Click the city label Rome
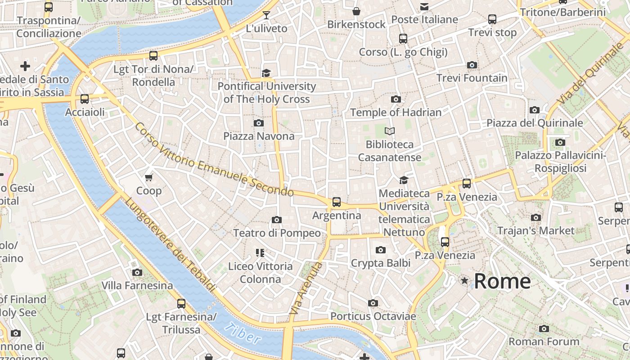(x=502, y=281)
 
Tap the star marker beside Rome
(x=464, y=281)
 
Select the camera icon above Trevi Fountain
(x=472, y=65)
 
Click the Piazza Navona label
(x=259, y=136)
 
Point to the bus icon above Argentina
(x=336, y=202)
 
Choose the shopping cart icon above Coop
(x=149, y=177)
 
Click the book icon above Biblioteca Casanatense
(x=389, y=131)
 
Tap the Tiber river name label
(x=243, y=333)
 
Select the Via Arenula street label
(x=306, y=288)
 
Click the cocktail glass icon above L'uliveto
(x=266, y=15)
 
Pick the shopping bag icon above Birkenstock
(x=356, y=11)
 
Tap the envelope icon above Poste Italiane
(x=424, y=6)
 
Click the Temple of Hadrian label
(x=396, y=112)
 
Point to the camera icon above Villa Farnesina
(x=137, y=272)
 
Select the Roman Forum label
(x=544, y=342)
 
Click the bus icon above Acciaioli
(x=85, y=99)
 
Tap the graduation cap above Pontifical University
(x=266, y=73)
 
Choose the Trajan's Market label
(x=535, y=231)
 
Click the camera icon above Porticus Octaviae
(x=373, y=303)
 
